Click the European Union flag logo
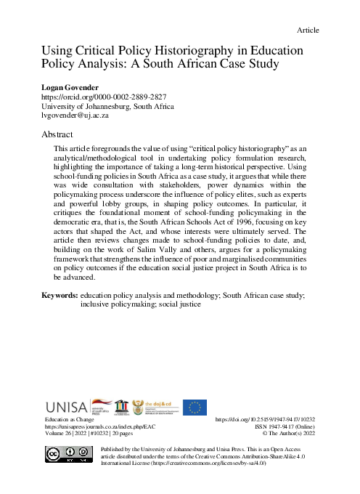tap(195, 407)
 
